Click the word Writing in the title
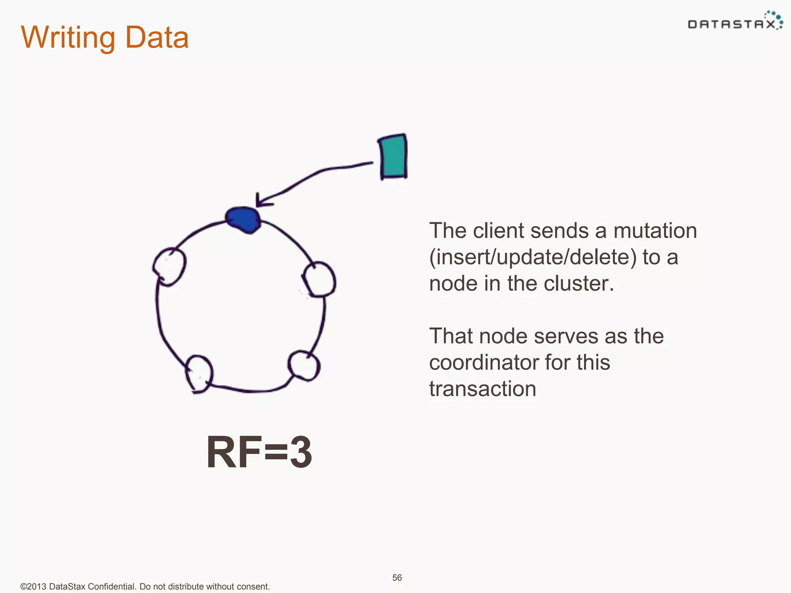[x=68, y=38]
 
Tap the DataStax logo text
[x=731, y=25]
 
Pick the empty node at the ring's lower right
[x=304, y=365]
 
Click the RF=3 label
[x=259, y=452]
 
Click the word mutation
[x=655, y=231]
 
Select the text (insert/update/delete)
[x=533, y=258]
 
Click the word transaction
[x=482, y=389]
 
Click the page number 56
[x=397, y=578]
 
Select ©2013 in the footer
[x=33, y=586]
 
